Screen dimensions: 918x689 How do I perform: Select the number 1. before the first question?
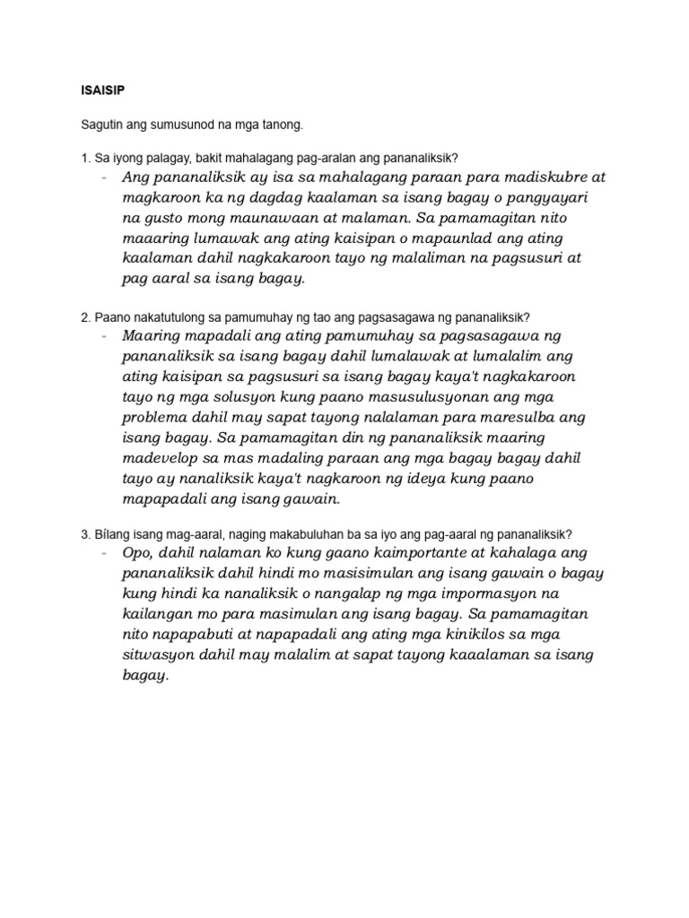(x=85, y=159)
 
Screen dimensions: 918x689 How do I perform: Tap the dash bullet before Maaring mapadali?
(x=105, y=336)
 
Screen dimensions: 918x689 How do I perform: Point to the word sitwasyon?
(x=160, y=655)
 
